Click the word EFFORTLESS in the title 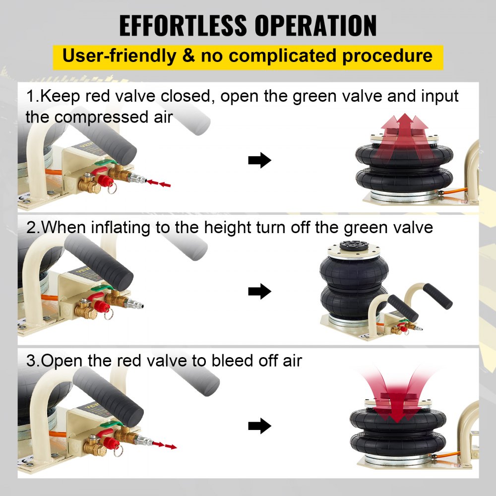click(183, 25)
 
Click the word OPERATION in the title click(315, 25)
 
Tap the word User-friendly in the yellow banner click(119, 57)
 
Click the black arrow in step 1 click(260, 160)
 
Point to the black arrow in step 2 click(260, 291)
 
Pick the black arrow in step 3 click(260, 426)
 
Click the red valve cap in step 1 click(105, 181)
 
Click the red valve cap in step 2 click(102, 306)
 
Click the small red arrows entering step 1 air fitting click(159, 183)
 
